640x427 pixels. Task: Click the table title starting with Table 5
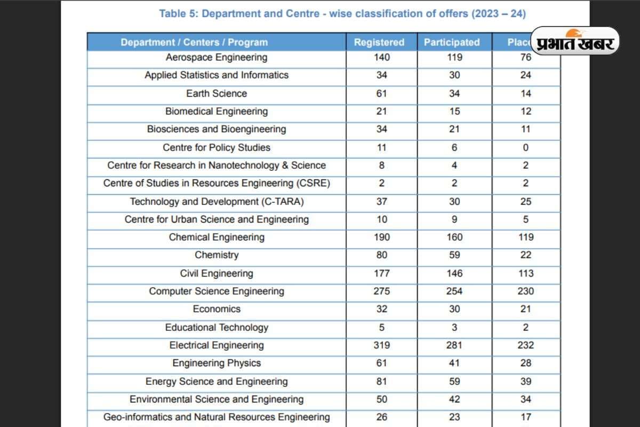point(342,14)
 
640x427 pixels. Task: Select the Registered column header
point(379,42)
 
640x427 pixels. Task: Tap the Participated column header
point(452,42)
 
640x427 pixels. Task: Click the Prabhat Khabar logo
point(575,41)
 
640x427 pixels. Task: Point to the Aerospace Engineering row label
point(217,57)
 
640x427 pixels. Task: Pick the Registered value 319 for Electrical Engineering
point(382,345)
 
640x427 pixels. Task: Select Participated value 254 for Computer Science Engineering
point(454,291)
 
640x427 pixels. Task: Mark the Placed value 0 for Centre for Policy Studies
point(526,147)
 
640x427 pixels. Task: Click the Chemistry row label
point(217,255)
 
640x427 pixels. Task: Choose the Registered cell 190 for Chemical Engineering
point(382,237)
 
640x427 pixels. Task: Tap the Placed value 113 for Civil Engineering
point(526,273)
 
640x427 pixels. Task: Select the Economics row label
point(217,309)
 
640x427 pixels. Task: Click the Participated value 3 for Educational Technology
point(454,327)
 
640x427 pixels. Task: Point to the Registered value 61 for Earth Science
point(382,93)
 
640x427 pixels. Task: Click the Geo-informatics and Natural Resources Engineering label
point(217,417)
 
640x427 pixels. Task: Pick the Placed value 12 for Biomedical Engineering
point(526,111)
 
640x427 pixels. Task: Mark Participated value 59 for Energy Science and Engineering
point(454,381)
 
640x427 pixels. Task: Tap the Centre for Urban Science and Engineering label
point(217,219)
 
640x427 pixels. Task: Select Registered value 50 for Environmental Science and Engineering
point(382,399)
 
